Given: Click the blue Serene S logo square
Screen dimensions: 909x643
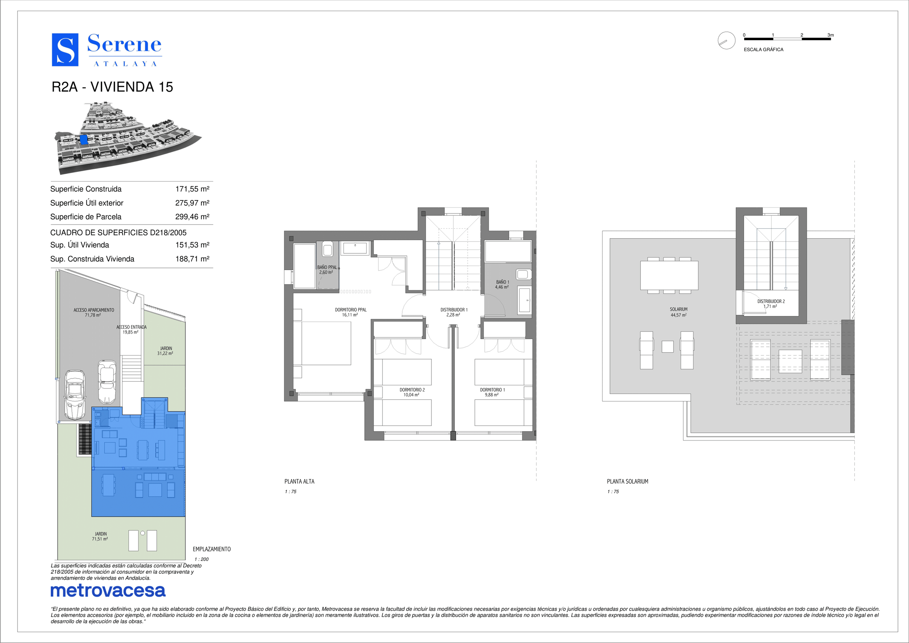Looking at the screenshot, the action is (65, 50).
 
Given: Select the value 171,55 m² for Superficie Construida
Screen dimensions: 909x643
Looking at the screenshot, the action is (192, 189).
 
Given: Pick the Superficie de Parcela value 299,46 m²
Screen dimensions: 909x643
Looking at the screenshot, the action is (192, 217).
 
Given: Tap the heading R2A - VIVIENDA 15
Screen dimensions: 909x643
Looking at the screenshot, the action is (113, 87).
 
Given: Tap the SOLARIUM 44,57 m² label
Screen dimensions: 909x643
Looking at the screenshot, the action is (679, 312).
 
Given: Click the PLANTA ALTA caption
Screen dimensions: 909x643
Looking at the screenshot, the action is (299, 481).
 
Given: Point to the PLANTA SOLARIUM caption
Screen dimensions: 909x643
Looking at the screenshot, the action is (627, 481).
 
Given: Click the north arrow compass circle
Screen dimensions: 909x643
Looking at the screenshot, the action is (726, 40).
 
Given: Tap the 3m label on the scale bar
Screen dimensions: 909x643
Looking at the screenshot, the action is (831, 35).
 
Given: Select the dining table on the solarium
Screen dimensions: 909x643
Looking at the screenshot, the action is (669, 275).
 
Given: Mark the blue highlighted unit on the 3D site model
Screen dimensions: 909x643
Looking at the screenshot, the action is (83, 139).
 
